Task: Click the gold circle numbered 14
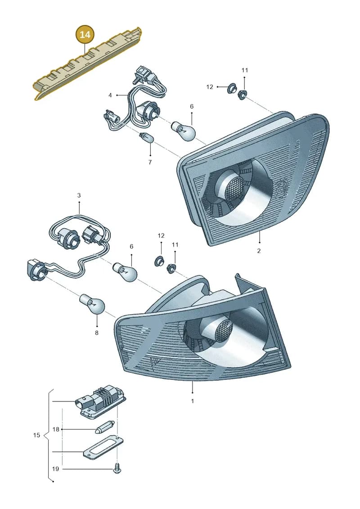[x=85, y=34]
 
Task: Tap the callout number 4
[x=110, y=95]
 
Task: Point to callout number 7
[x=150, y=162]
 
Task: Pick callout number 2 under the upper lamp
[x=259, y=251]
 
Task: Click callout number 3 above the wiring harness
[x=79, y=195]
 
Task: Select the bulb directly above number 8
[x=93, y=304]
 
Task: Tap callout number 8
[x=96, y=333]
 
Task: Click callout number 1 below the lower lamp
[x=192, y=401]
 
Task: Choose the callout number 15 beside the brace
[x=36, y=435]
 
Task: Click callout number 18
[x=56, y=429]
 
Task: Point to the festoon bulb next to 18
[x=104, y=428]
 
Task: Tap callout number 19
[x=55, y=469]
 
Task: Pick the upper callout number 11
[x=245, y=70]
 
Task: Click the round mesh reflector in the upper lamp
[x=233, y=187]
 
